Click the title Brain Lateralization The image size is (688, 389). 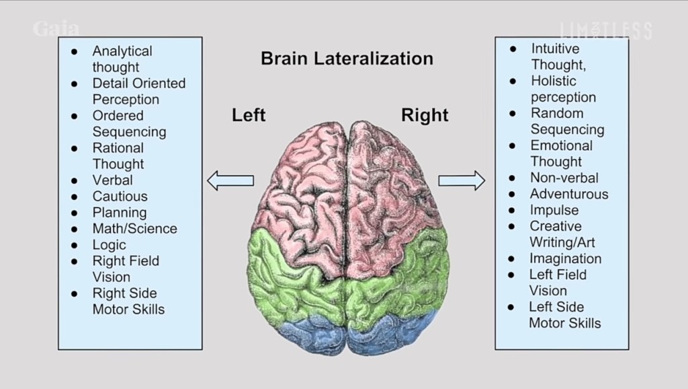[x=347, y=59]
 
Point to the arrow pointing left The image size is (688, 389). [x=230, y=180]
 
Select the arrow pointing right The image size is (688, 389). [x=462, y=180]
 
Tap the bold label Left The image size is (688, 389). [x=249, y=115]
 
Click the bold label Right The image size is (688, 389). [x=425, y=115]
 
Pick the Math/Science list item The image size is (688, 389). [x=134, y=229]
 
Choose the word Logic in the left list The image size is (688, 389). [x=109, y=245]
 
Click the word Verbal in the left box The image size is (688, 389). [x=112, y=180]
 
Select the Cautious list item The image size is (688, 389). [x=120, y=197]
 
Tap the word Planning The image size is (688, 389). [x=119, y=213]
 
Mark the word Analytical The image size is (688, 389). [x=122, y=51]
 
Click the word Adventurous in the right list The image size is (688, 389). [x=568, y=194]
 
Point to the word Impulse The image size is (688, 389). [x=554, y=210]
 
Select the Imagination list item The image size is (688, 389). [x=565, y=258]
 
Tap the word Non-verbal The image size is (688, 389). [x=564, y=178]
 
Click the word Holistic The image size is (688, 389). [x=554, y=81]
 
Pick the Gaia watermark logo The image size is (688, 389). [x=56, y=30]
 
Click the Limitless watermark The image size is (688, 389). [x=605, y=30]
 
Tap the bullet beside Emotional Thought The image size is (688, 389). [x=513, y=145]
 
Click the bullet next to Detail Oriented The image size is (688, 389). [x=75, y=83]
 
